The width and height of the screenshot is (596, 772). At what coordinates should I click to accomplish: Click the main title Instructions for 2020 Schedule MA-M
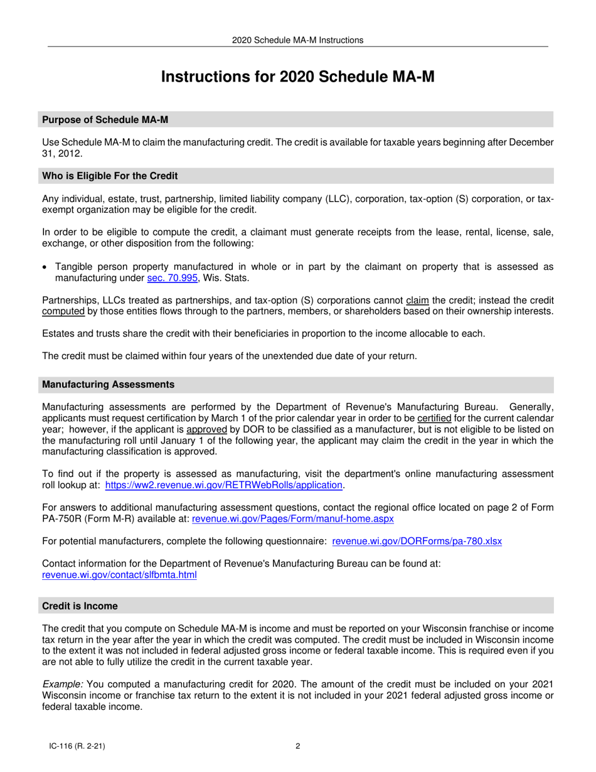[x=297, y=77]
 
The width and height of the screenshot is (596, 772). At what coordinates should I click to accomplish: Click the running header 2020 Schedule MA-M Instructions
[x=297, y=40]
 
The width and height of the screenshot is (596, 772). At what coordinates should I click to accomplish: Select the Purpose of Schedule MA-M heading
[x=105, y=120]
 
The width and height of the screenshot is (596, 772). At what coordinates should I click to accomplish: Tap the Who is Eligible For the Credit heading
[x=110, y=176]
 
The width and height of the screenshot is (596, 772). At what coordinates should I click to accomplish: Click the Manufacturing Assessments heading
[x=109, y=384]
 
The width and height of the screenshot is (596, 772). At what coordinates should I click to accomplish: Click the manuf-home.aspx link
[x=292, y=518]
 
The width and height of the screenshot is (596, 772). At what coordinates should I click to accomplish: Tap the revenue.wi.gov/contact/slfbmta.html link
[x=119, y=574]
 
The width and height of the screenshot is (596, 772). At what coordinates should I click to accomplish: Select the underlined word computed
[x=63, y=311]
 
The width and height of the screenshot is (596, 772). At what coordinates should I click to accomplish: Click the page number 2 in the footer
[x=297, y=746]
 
